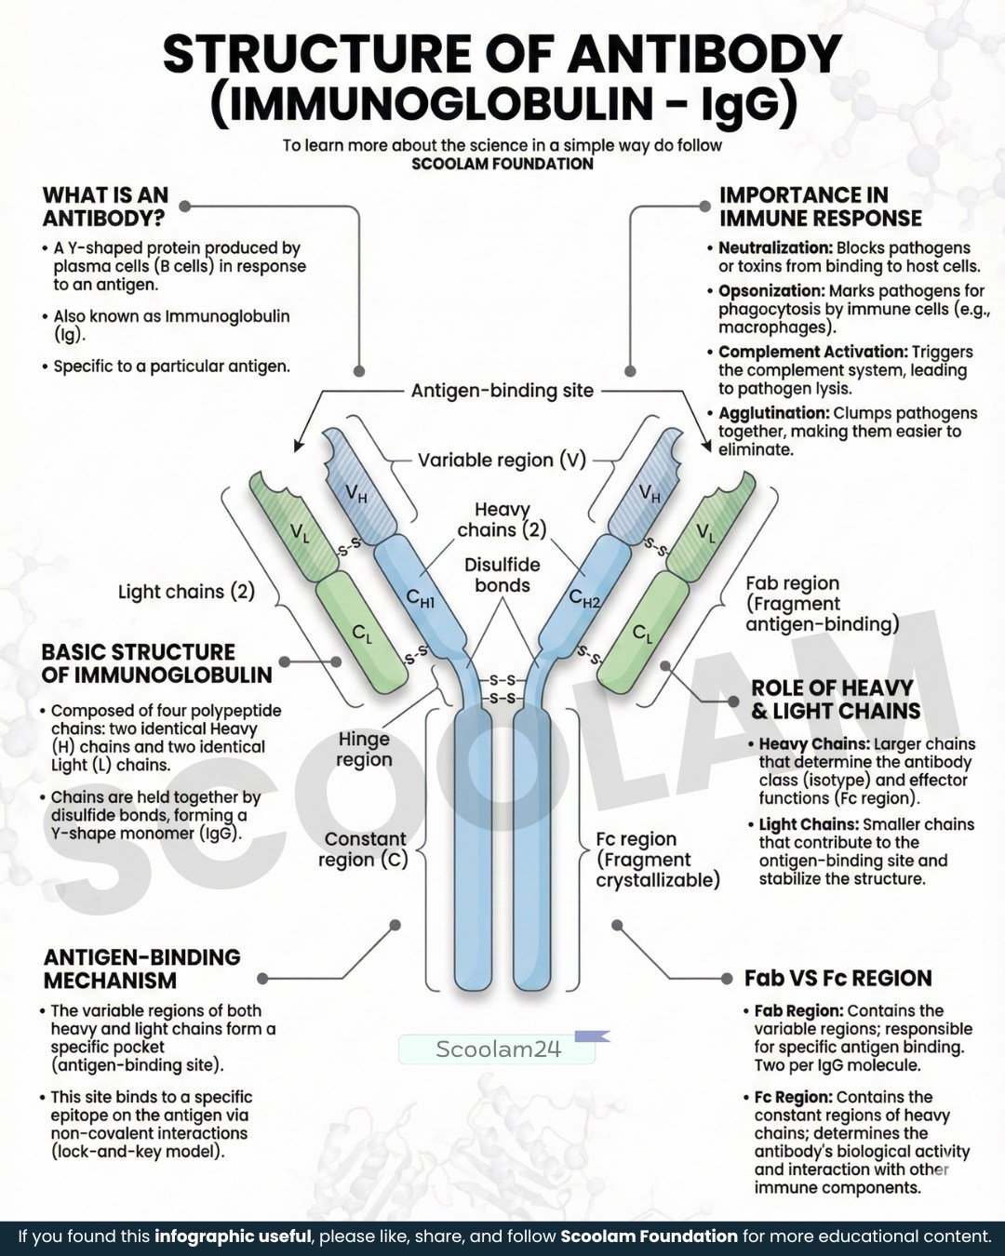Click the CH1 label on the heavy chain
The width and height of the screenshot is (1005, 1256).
tap(421, 597)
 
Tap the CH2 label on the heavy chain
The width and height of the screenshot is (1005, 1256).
tap(584, 597)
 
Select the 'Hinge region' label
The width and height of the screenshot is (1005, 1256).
tap(365, 749)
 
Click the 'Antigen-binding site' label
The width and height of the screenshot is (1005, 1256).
tap(502, 391)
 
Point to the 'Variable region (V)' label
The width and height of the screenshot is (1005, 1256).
tap(502, 460)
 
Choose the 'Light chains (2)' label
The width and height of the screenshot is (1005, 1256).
tap(187, 592)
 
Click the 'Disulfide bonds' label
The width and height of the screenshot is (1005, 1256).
tap(502, 575)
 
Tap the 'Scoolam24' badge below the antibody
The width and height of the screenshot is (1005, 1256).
tap(498, 1049)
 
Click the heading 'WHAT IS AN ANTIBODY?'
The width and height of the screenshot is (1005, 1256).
tap(105, 207)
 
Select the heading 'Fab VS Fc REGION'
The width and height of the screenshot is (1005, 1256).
tap(838, 979)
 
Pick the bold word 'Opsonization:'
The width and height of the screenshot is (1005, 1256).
tap(771, 290)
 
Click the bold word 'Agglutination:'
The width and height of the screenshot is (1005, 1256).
tap(773, 413)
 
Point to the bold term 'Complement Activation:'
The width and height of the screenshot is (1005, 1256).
tap(813, 352)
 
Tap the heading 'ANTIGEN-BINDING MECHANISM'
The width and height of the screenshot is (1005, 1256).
tap(141, 969)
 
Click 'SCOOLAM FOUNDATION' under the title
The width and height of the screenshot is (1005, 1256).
tap(502, 164)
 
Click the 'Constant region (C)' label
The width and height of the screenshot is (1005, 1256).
tap(363, 849)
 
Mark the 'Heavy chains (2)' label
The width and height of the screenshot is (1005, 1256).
tap(502, 519)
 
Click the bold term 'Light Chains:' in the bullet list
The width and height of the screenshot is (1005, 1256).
tap(809, 824)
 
